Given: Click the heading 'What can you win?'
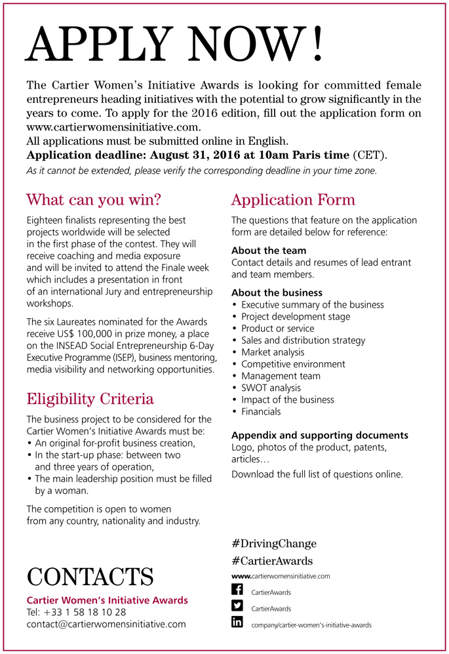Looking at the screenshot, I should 93,199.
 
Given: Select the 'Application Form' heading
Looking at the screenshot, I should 293,199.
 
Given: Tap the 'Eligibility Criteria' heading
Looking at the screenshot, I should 90,398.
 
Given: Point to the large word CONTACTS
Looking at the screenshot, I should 90,577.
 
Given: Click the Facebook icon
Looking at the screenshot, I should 237,590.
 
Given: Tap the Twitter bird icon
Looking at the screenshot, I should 237,606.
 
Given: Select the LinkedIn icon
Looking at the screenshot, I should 237,623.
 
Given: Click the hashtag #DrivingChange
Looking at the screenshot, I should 274,543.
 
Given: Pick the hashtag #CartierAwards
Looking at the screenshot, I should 272,561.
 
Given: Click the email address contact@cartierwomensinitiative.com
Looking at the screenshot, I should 106,624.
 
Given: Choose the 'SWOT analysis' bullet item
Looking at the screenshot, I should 271,388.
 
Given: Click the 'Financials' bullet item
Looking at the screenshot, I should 261,411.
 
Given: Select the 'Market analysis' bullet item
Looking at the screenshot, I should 273,352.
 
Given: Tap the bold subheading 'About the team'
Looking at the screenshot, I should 269,250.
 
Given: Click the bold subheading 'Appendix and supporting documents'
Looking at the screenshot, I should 320,435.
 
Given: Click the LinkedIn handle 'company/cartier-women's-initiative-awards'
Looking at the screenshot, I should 311,625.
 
